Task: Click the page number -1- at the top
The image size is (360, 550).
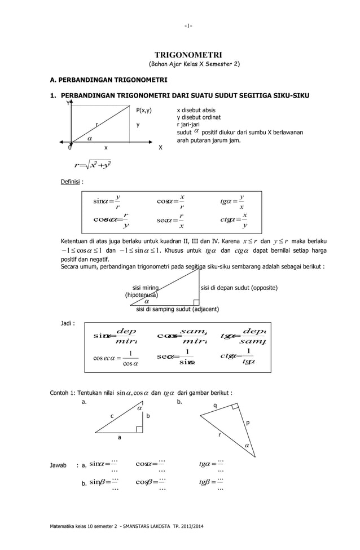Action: click(x=188, y=25)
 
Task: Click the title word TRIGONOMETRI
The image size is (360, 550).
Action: click(x=188, y=55)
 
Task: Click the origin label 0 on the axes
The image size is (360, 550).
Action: click(x=69, y=147)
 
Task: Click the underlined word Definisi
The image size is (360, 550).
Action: click(x=71, y=182)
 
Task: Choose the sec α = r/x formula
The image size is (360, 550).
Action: click(x=172, y=219)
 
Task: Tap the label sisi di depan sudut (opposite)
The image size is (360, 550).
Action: click(x=239, y=288)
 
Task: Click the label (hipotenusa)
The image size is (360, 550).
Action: click(x=142, y=294)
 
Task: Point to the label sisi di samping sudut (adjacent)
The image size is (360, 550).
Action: click(x=178, y=309)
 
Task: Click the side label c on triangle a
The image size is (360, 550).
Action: click(x=111, y=416)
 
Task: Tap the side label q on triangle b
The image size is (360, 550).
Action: click(x=214, y=406)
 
